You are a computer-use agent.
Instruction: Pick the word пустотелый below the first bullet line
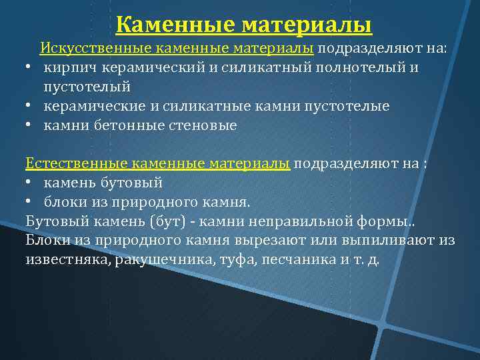[x=87, y=87]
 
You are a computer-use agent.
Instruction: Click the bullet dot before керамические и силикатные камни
[x=31, y=107]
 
